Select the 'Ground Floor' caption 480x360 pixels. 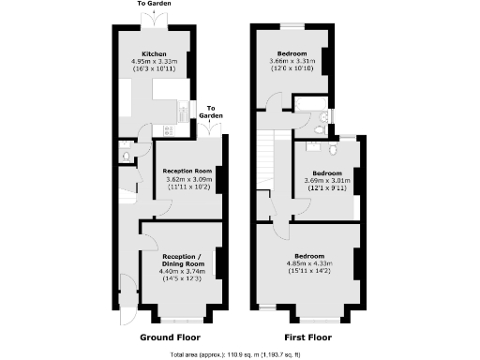pyautogui.click(x=170, y=337)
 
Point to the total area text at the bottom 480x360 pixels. pyautogui.click(x=239, y=354)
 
